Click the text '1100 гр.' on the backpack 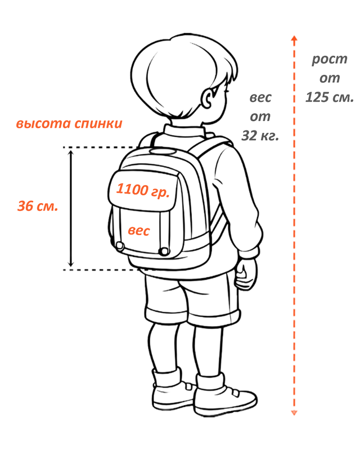[142, 190]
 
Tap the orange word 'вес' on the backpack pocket [138, 231]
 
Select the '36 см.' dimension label [37, 206]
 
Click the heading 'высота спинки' [69, 124]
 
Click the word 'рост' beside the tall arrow [330, 59]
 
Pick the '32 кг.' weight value [260, 135]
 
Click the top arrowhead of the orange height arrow [293, 40]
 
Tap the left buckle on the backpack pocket [120, 245]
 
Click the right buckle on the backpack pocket [164, 250]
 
